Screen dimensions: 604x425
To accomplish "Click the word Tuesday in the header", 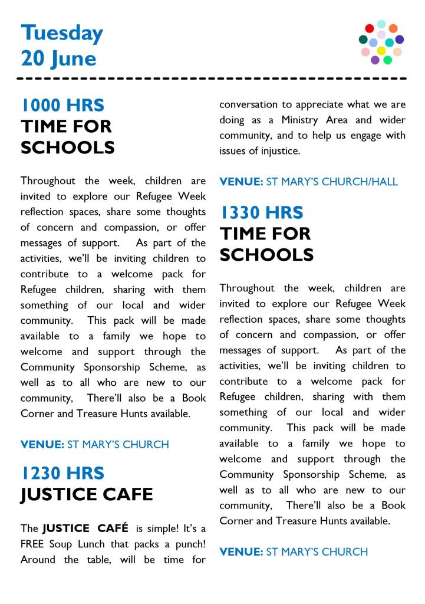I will (x=62, y=34).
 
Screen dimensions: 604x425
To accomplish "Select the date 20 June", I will (x=58, y=58).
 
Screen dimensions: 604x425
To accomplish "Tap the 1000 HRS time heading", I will (x=62, y=106).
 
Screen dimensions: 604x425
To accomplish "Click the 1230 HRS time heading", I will (x=62, y=473).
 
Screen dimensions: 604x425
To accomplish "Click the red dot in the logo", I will (x=370, y=28).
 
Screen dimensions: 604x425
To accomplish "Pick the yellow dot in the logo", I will (x=381, y=51).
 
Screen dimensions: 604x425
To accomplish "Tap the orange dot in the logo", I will (x=393, y=28).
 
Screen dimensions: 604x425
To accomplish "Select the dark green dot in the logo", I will (x=363, y=40).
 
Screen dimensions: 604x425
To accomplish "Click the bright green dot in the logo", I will (x=388, y=60).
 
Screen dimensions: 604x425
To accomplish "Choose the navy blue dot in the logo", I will (x=400, y=40).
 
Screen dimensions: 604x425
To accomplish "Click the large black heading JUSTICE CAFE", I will (x=87, y=494).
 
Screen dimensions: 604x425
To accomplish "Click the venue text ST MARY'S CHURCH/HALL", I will (x=332, y=182).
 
